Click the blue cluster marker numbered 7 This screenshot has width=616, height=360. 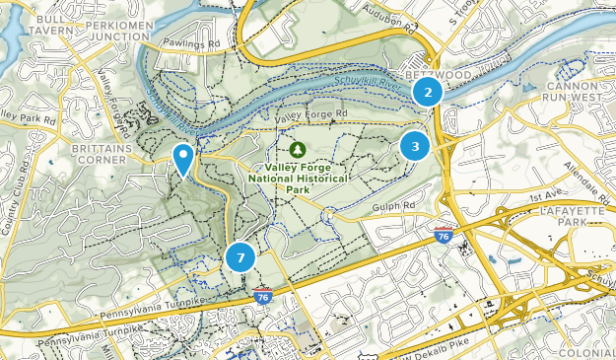click(240, 257)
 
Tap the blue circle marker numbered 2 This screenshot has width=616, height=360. click(427, 93)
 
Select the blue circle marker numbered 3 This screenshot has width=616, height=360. click(415, 147)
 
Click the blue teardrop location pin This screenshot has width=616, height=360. click(183, 158)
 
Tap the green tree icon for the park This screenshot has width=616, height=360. click(297, 149)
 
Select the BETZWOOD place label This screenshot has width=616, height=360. click(433, 74)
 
